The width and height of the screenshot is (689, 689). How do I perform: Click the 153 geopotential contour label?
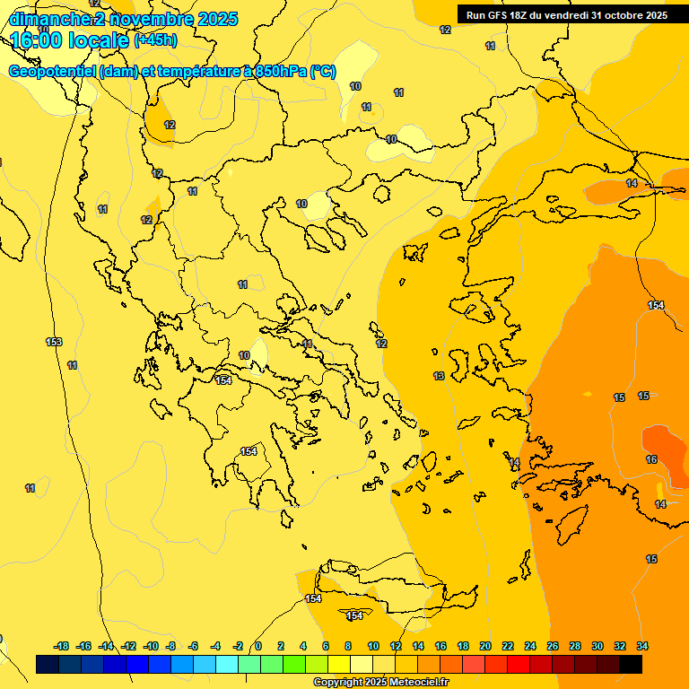[54, 342]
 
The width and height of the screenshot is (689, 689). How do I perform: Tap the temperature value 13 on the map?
[439, 376]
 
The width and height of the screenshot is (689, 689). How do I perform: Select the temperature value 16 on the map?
[651, 459]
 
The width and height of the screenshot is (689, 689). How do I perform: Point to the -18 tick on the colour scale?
[62, 646]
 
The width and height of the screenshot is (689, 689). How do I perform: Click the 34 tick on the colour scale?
[642, 646]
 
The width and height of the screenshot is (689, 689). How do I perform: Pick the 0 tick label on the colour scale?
[258, 646]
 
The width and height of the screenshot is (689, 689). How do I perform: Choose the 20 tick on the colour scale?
[485, 646]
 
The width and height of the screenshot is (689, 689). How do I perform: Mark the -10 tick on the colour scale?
[151, 646]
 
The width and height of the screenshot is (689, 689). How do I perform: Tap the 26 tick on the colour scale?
[553, 646]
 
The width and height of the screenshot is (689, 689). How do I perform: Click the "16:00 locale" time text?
[70, 39]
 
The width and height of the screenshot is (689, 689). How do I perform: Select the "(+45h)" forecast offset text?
[155, 40]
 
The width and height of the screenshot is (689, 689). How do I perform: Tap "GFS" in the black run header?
[500, 15]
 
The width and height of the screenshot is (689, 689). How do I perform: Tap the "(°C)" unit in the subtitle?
[322, 72]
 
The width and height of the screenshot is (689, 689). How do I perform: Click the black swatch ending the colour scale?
[631, 665]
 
